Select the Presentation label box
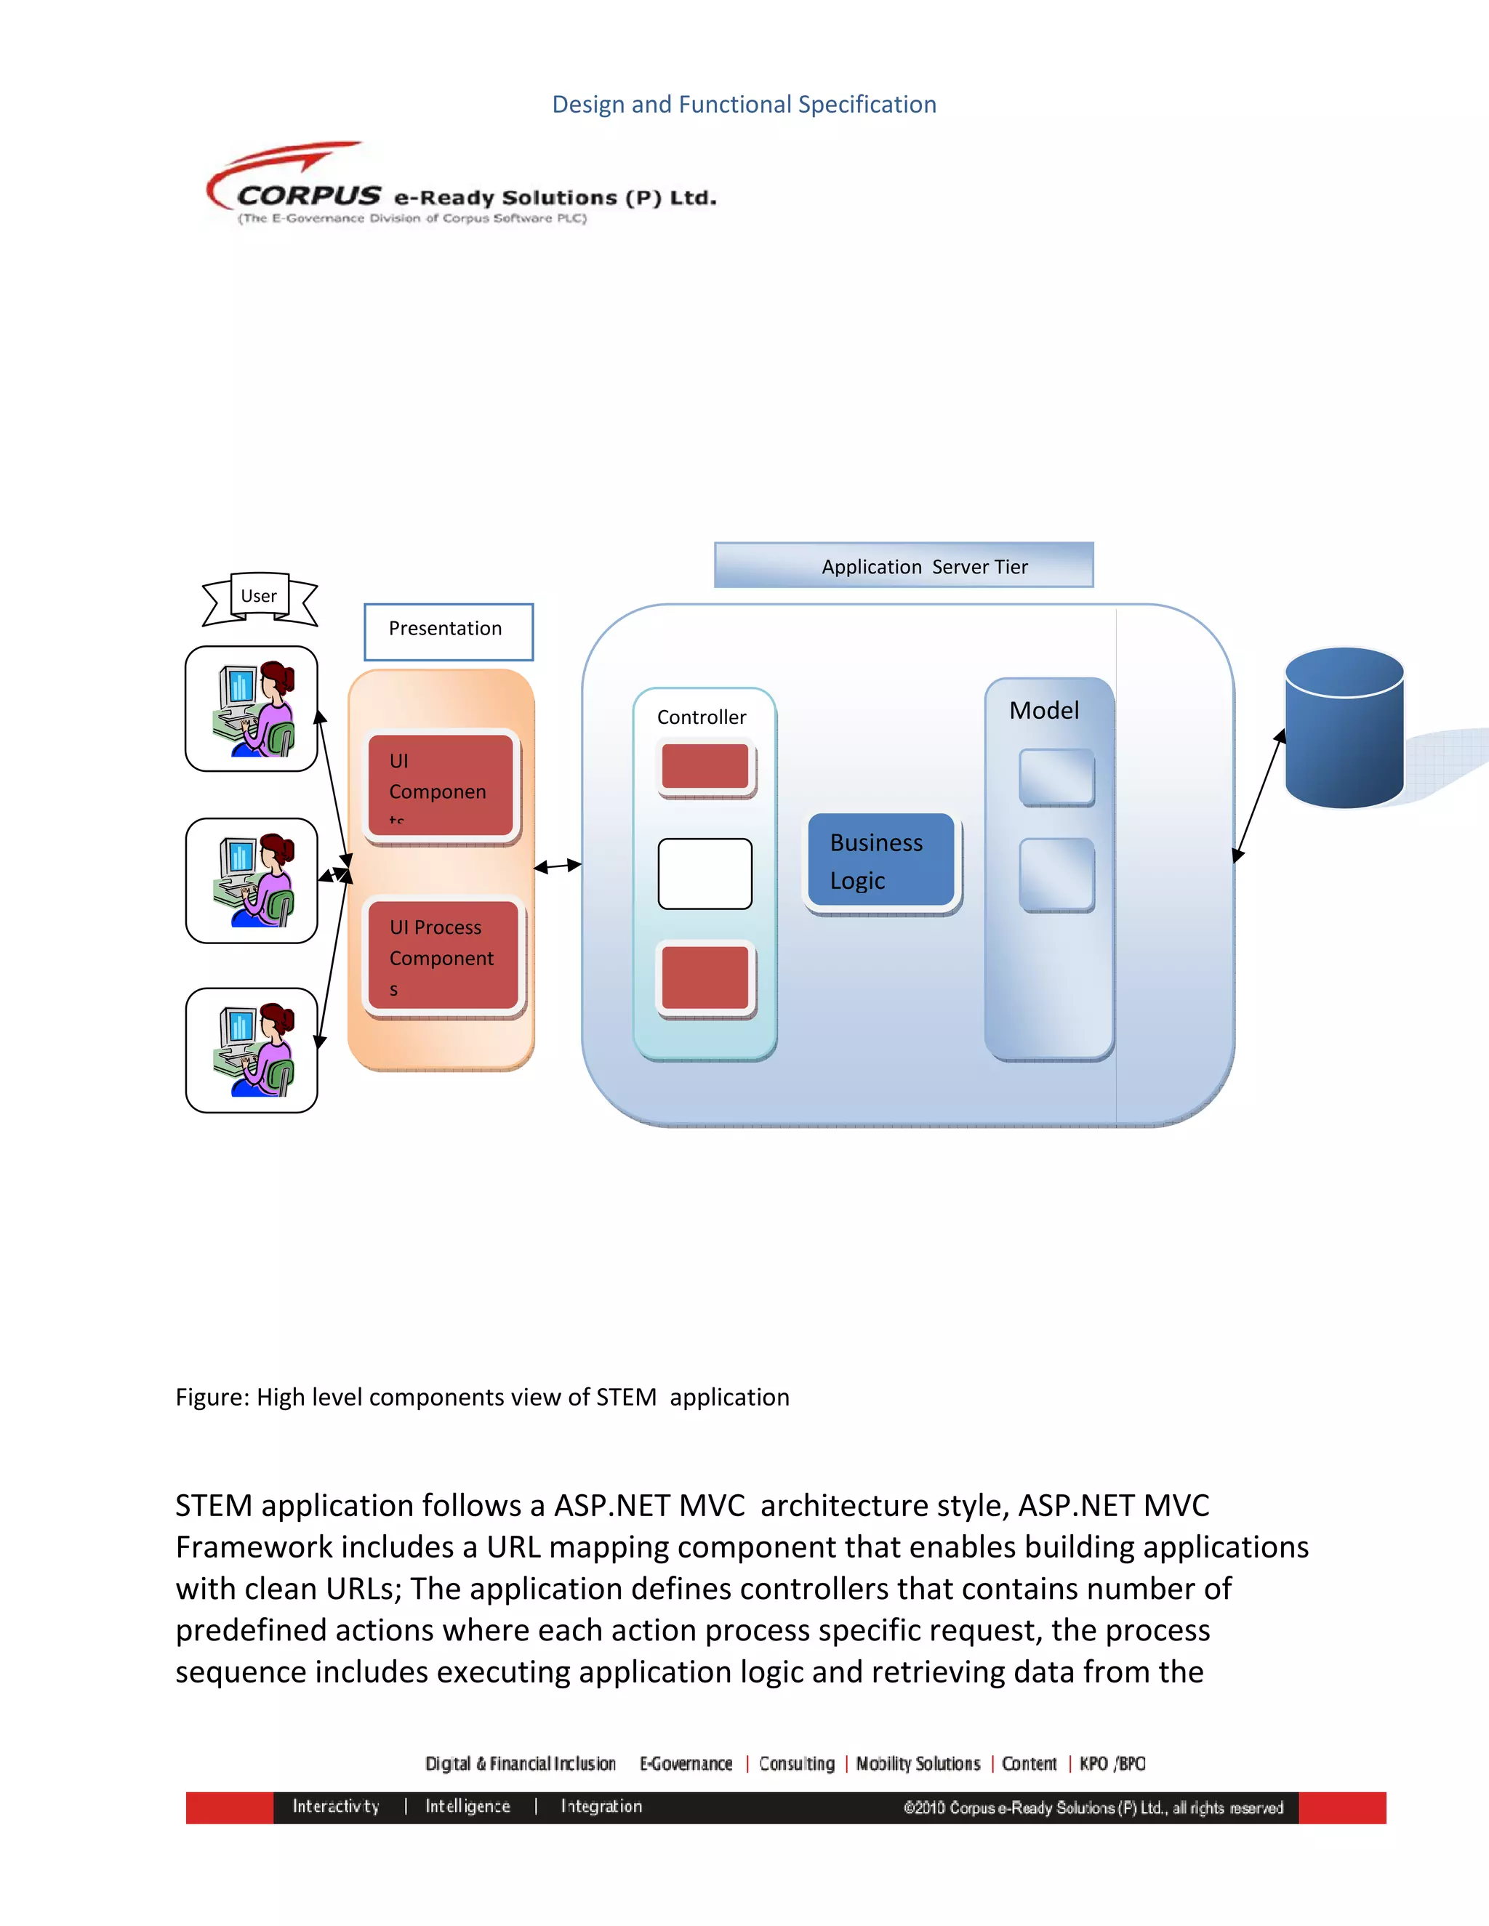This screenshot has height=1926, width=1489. (x=448, y=632)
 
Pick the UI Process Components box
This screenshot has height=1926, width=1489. (x=443, y=957)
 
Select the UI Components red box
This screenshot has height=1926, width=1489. (x=441, y=784)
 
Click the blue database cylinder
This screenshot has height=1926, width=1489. (x=1344, y=728)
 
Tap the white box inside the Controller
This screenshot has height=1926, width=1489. (x=705, y=873)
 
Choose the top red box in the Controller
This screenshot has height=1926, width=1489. (x=705, y=766)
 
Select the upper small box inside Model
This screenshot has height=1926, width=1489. (x=1056, y=777)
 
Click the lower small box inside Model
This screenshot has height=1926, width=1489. (x=1056, y=874)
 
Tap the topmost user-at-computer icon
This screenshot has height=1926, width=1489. (x=252, y=708)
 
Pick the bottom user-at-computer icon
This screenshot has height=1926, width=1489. (x=252, y=1049)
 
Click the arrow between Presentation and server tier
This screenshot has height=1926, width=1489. (x=558, y=866)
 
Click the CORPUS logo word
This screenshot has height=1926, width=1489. (x=309, y=195)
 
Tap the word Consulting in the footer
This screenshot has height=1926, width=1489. (x=797, y=1764)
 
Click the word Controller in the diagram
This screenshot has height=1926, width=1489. (x=702, y=717)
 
